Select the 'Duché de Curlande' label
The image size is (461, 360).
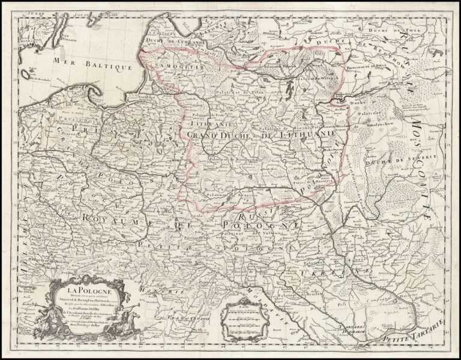(x=173, y=43)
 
